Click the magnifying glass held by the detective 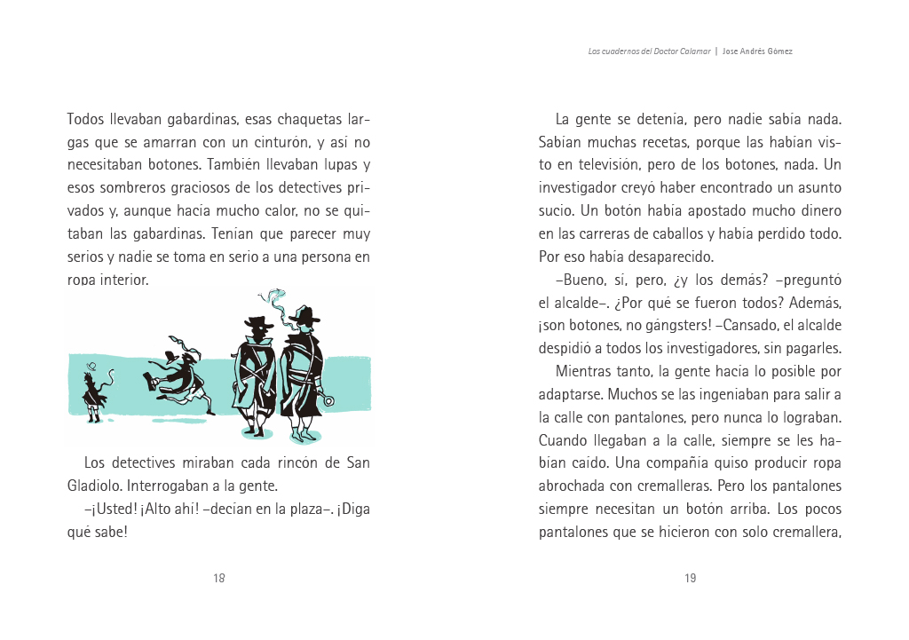pos(329,400)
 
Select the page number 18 pos(218,579)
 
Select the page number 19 pos(690,579)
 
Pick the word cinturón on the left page pos(281,142)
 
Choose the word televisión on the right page pos(603,165)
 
